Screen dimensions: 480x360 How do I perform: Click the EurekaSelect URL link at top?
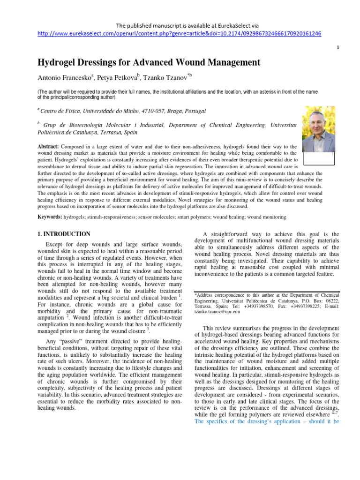tap(180, 34)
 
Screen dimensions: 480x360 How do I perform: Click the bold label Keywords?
tap(49, 217)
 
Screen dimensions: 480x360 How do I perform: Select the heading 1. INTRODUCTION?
tap(64, 234)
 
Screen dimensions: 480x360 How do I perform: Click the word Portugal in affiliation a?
tap(194, 111)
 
